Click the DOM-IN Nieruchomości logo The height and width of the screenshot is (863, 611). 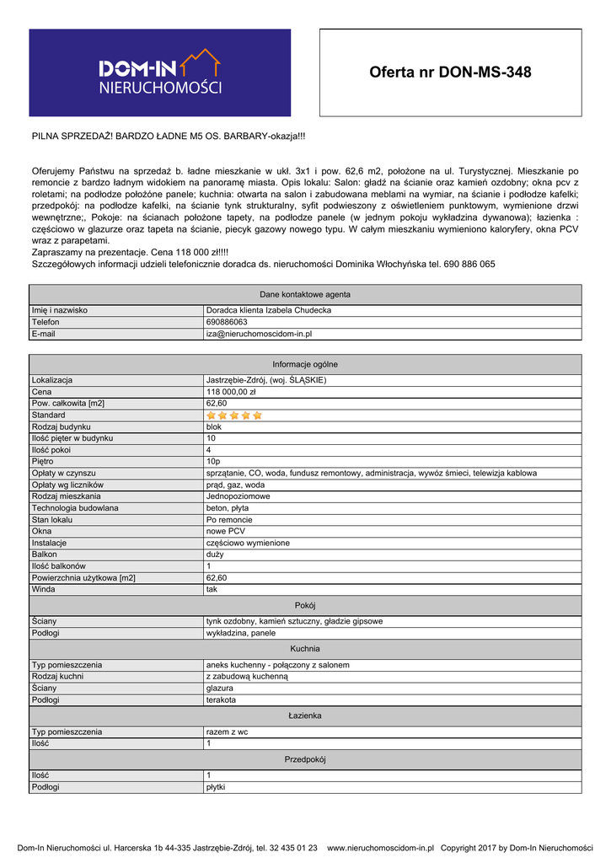(x=160, y=72)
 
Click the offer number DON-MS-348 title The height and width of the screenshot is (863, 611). (x=450, y=72)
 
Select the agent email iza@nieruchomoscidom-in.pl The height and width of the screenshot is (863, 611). (x=260, y=334)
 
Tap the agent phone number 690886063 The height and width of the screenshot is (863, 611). (x=227, y=322)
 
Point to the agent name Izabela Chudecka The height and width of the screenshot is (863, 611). (x=269, y=310)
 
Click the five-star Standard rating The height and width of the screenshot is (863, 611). (x=234, y=415)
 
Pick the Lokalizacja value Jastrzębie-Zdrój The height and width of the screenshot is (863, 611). (x=266, y=380)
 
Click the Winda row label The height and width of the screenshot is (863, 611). (x=43, y=590)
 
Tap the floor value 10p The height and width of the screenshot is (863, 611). (x=213, y=462)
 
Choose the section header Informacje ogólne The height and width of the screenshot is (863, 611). (x=305, y=364)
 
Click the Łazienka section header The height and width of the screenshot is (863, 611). (x=305, y=716)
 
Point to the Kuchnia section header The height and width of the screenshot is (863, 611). (x=305, y=649)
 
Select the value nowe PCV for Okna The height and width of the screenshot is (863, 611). (x=226, y=532)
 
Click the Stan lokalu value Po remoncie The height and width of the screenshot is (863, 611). (x=230, y=520)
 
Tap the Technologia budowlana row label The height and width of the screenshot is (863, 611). (x=75, y=508)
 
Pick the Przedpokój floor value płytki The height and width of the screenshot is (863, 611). (x=217, y=787)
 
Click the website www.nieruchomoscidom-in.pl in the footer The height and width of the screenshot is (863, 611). (x=380, y=848)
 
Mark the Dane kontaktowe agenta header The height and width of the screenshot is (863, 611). (x=305, y=294)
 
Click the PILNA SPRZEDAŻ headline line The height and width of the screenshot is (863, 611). (x=169, y=136)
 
